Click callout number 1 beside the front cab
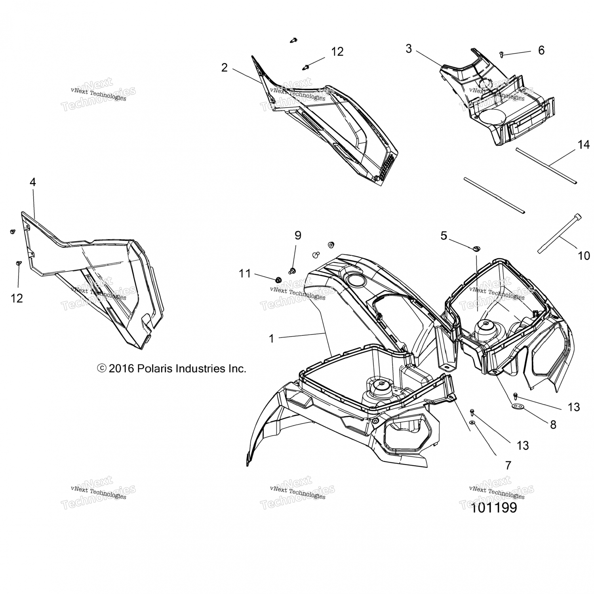coord(271,339)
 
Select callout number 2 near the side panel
coord(225,68)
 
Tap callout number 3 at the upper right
coord(409,49)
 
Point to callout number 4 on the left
coord(32,182)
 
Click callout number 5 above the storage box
coord(444,236)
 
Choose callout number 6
coord(541,50)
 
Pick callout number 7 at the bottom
coord(508,465)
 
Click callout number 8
coord(553,425)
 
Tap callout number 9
coord(298,235)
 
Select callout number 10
coord(584,255)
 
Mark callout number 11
coord(245,273)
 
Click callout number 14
coord(583,145)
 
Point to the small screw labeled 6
coord(502,55)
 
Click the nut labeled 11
coord(278,280)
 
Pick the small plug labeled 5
coord(475,249)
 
